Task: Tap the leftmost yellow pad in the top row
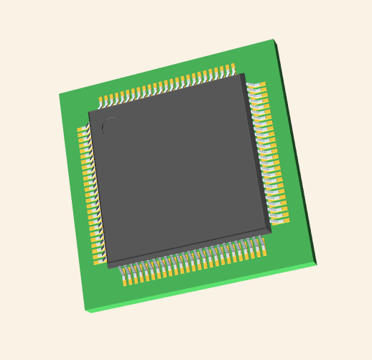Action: coord(102,99)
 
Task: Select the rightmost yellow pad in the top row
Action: coord(232,68)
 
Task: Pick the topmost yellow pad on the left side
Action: coord(82,131)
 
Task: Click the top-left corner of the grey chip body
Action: coord(88,111)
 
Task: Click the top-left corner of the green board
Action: coord(59,94)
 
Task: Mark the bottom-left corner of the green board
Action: coord(85,310)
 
